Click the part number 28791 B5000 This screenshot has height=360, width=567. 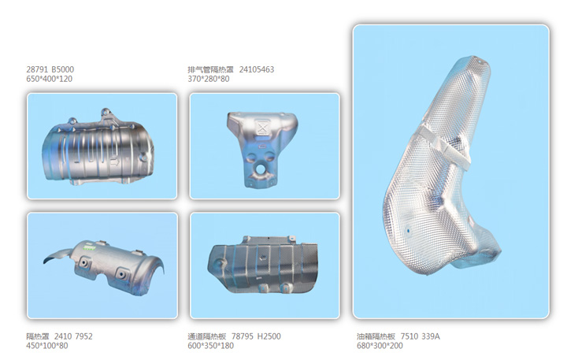[50, 69]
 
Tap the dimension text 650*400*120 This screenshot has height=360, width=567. [49, 79]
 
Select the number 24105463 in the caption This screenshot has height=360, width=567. [257, 69]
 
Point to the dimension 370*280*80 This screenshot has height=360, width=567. [209, 79]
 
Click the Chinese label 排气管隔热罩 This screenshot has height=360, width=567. [210, 69]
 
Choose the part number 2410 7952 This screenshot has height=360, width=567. [73, 336]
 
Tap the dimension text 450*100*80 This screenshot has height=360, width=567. [47, 346]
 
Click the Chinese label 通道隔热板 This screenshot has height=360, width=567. [207, 336]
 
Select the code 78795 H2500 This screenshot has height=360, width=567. [256, 336]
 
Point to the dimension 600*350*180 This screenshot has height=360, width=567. [211, 346]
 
